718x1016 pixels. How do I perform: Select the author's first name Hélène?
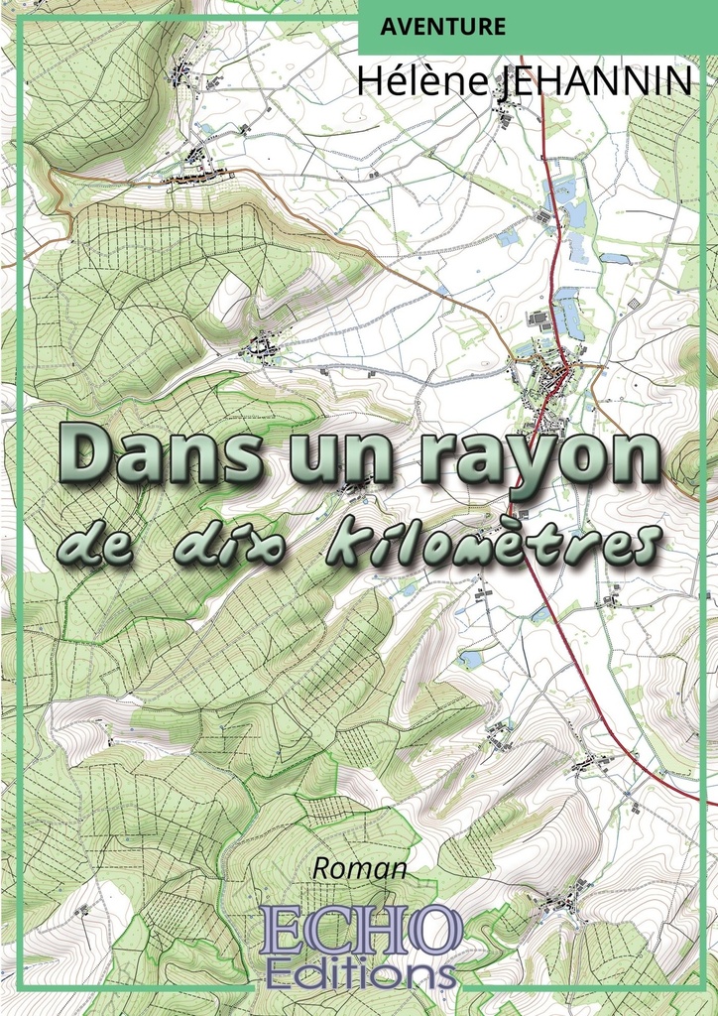click(x=421, y=81)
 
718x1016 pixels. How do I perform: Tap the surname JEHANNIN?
click(x=592, y=81)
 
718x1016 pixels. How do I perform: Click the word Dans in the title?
click(x=158, y=454)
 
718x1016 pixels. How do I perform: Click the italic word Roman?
click(x=360, y=868)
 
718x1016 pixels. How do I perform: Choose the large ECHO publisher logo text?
click(x=361, y=930)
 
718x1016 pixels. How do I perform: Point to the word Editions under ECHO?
click(x=361, y=970)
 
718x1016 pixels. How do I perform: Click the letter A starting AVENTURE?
click(x=385, y=27)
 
